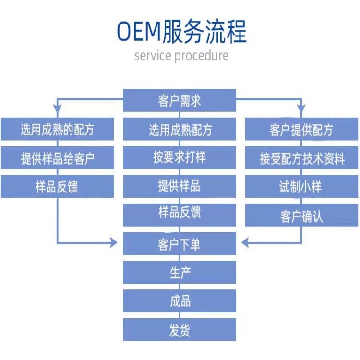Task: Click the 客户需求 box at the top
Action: pos(180,101)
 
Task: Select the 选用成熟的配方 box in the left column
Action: pos(57,130)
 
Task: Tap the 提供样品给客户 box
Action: pos(57,158)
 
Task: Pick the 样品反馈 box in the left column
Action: pos(57,187)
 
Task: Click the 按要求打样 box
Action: pos(180,158)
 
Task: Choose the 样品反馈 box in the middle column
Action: pos(180,215)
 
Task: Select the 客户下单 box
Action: pos(180,244)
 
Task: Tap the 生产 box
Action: pos(180,273)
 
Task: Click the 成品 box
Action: pos(180,301)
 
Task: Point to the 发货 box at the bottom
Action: pos(180,330)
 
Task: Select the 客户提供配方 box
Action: pos(301,130)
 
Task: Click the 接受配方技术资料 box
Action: pos(301,158)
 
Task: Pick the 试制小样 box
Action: pos(301,187)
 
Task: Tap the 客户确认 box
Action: pos(301,216)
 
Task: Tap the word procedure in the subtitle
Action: pos(202,56)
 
